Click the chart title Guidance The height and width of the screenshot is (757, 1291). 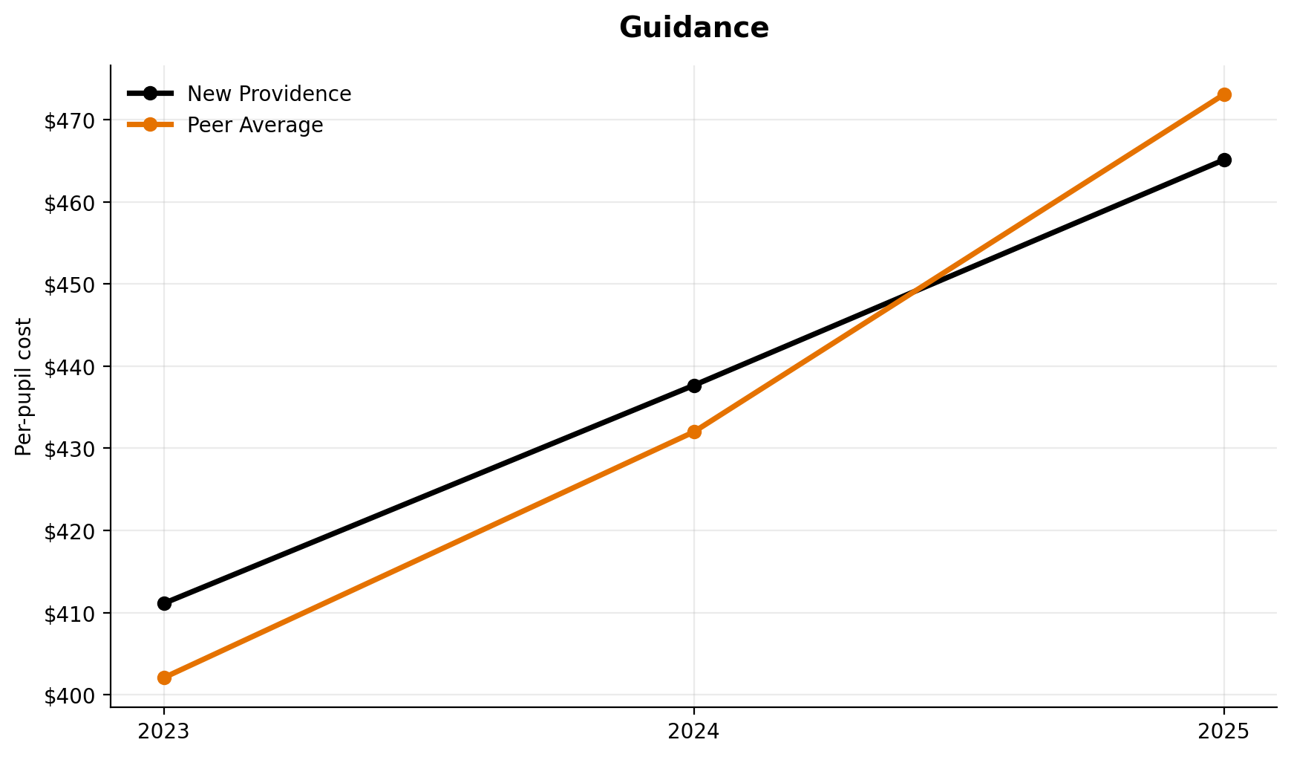(693, 28)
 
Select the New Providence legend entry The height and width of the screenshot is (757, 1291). (269, 94)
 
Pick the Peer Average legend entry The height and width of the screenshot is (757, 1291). (255, 126)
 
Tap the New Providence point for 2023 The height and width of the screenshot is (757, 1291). (164, 603)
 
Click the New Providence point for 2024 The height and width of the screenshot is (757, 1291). (694, 386)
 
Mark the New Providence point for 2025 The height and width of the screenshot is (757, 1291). (1224, 160)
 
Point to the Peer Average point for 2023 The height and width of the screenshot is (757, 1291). (164, 678)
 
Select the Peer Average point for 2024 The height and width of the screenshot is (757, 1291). (694, 432)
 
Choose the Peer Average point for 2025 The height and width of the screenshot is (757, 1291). (1224, 94)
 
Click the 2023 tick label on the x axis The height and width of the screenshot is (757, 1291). (164, 732)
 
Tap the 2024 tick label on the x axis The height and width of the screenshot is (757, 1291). (694, 732)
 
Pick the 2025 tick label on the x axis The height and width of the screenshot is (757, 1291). (1224, 732)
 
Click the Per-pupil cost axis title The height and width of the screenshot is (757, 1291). (24, 386)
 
